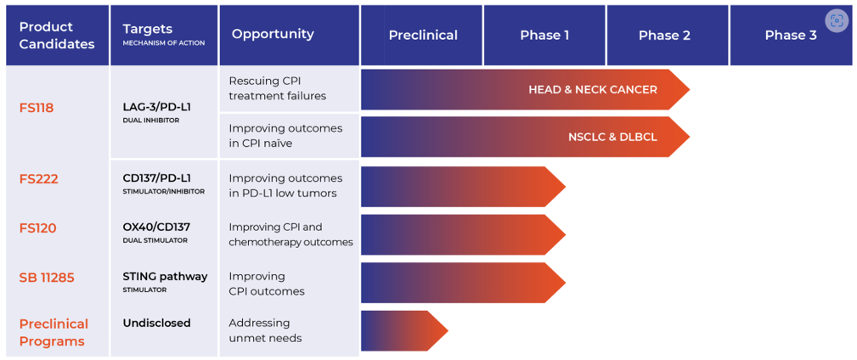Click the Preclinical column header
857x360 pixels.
point(422,36)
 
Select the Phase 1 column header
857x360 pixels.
point(544,36)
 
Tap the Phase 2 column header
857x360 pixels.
point(664,36)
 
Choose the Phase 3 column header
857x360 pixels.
point(790,36)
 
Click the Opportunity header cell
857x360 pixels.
point(273,34)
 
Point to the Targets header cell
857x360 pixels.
point(163,35)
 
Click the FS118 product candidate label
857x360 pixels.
point(37,109)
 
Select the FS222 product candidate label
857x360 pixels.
point(39,179)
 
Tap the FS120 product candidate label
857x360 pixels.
point(38,228)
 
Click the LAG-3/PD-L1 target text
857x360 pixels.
point(157,107)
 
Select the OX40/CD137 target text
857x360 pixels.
point(157,227)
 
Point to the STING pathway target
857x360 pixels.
point(165,276)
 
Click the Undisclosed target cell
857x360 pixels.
point(157,323)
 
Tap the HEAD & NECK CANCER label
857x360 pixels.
point(593,90)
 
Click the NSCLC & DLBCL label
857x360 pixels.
point(612,137)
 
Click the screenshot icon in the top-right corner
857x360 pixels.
point(837,21)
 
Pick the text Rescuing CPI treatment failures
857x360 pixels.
point(277,88)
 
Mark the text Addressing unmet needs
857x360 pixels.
point(265,330)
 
